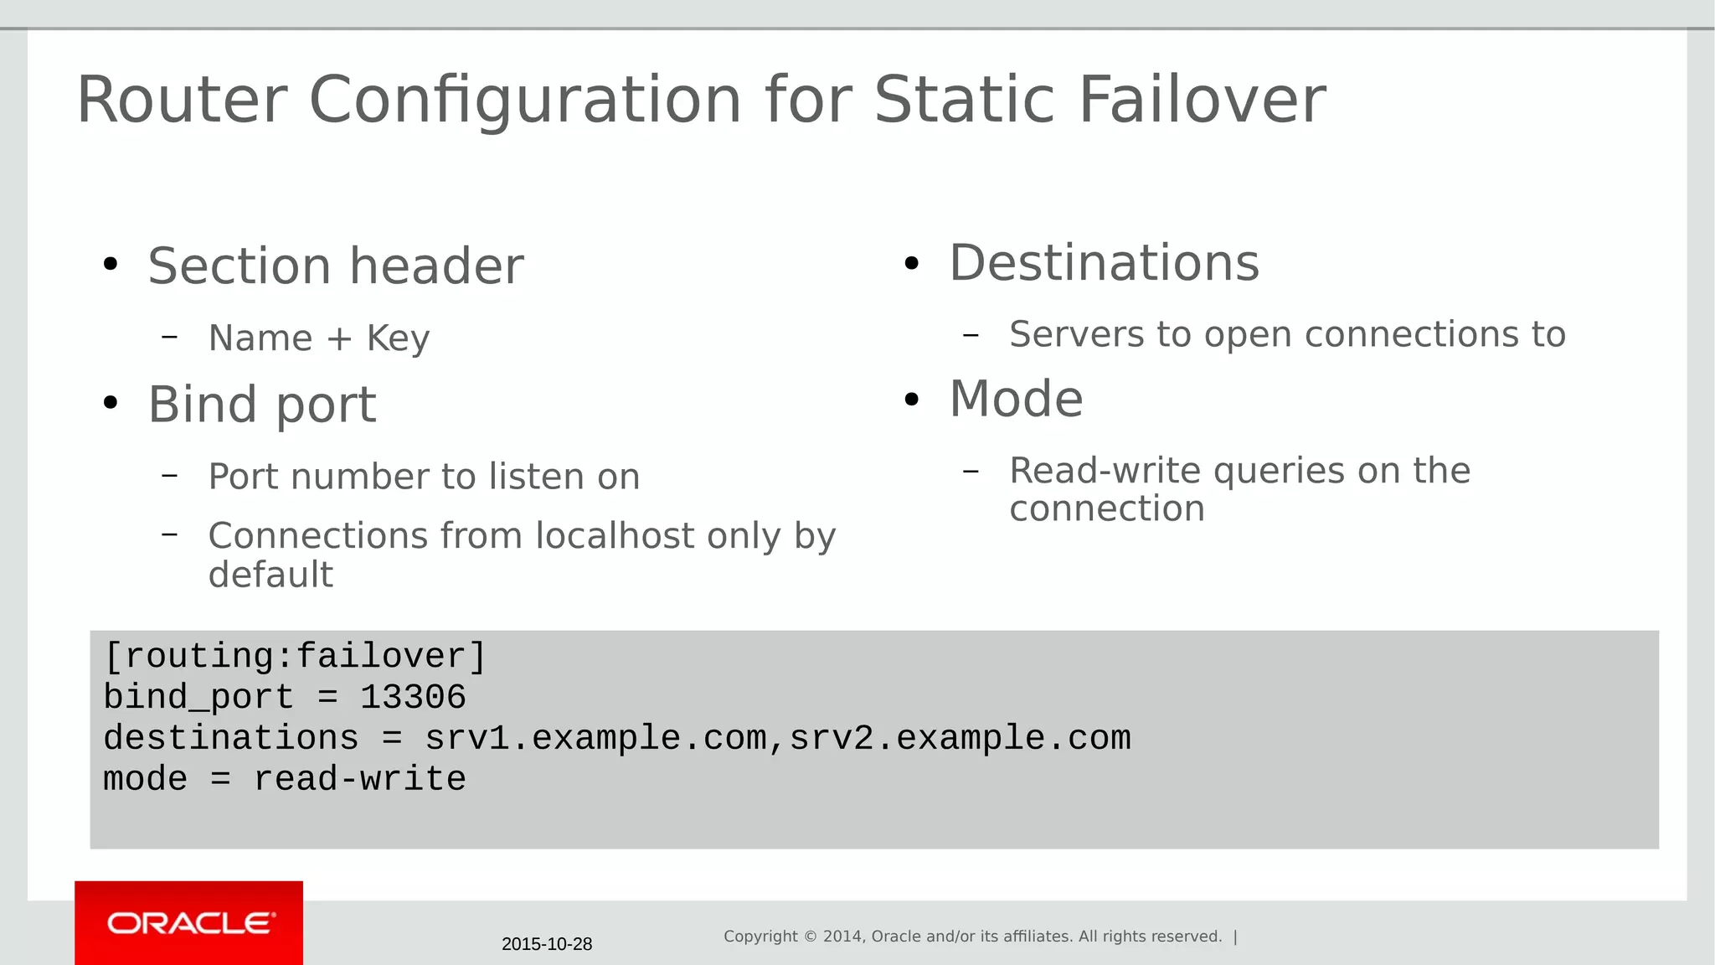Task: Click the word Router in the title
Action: (x=182, y=100)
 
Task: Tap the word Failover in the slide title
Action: (x=1202, y=100)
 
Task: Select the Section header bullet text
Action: (x=336, y=266)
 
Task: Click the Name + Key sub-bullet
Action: (x=319, y=338)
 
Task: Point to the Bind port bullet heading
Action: (x=262, y=405)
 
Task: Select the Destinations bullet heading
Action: (x=1104, y=263)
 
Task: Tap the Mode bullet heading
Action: (x=1016, y=399)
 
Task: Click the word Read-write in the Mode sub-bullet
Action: (x=1105, y=471)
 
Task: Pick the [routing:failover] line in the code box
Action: (x=295, y=656)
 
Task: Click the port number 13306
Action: (x=413, y=697)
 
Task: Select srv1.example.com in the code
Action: (x=595, y=738)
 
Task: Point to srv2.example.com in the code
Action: (x=960, y=738)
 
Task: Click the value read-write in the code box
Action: (x=359, y=779)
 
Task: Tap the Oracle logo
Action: (x=189, y=923)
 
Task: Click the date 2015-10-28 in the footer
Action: (x=547, y=944)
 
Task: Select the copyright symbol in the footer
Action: (x=811, y=937)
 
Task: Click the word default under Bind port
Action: (x=270, y=575)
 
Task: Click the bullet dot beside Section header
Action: (x=111, y=265)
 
